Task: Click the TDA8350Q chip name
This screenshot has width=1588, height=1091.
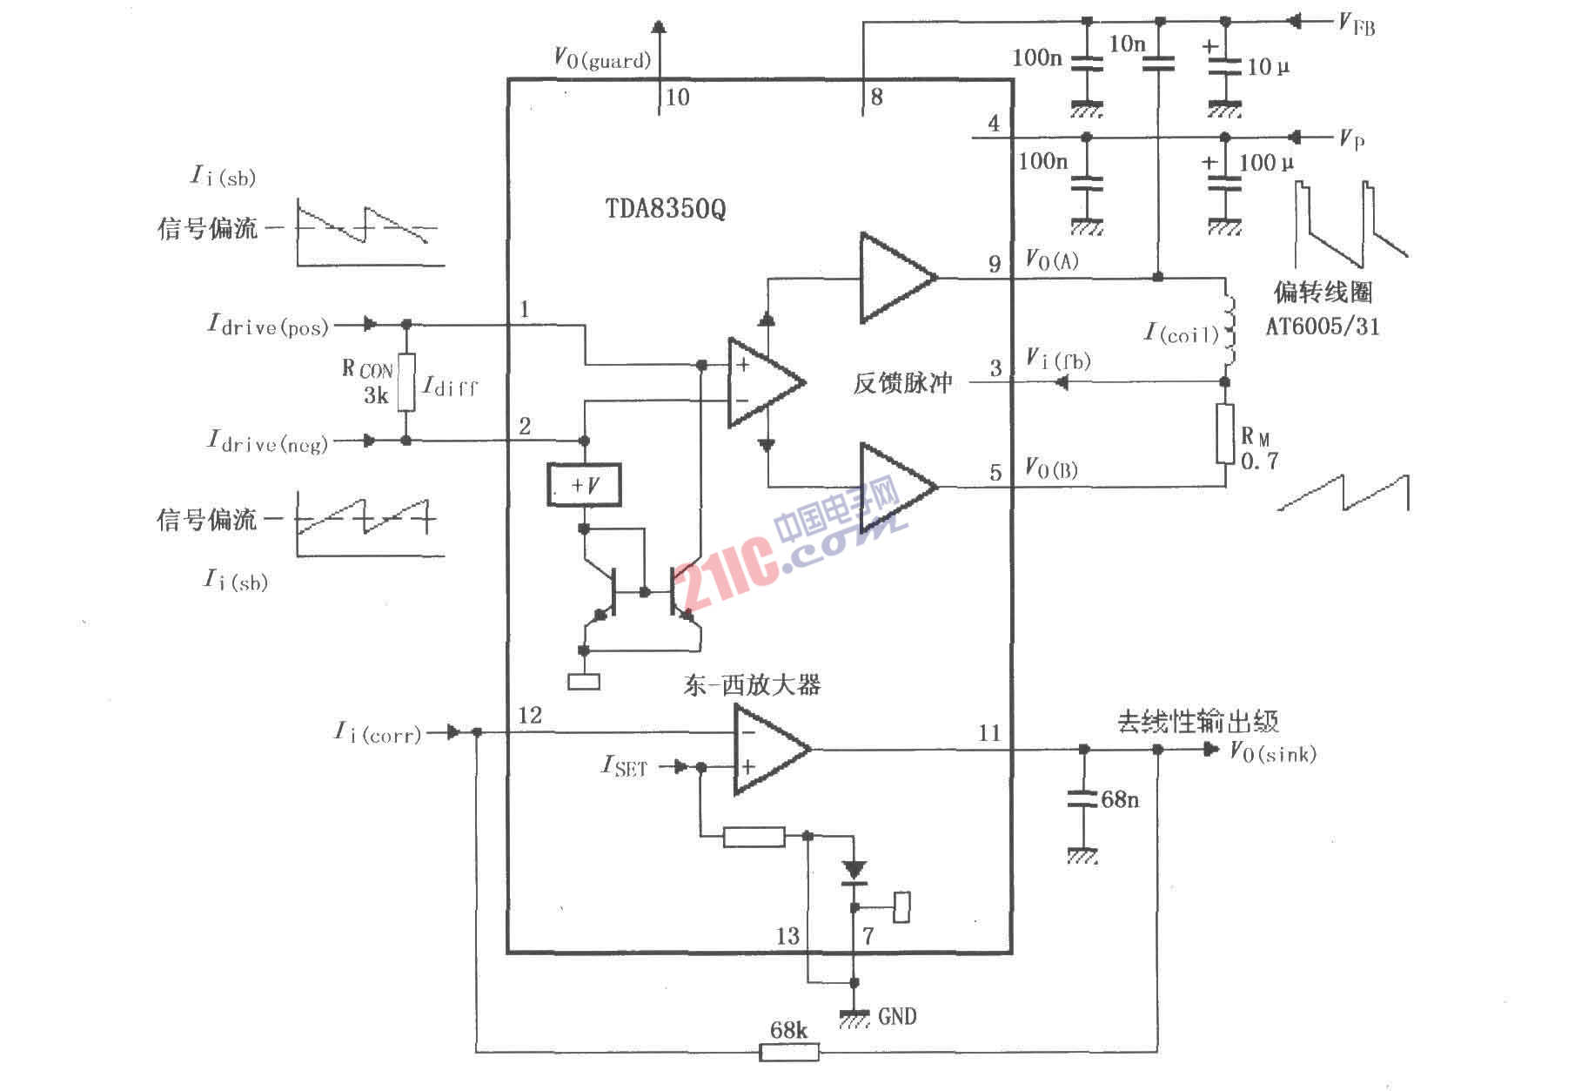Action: tap(666, 209)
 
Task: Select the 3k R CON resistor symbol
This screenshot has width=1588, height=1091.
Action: tap(406, 382)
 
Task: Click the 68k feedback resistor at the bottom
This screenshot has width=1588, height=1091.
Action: tap(789, 1052)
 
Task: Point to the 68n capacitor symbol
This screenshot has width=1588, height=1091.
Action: tap(1083, 798)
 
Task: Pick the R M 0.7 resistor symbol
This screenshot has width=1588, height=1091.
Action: tap(1225, 434)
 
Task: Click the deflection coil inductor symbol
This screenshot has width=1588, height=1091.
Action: tap(1230, 332)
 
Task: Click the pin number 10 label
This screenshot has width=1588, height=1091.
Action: tap(678, 98)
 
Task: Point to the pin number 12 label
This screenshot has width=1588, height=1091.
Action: tap(530, 716)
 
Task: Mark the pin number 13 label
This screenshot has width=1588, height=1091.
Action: tap(787, 936)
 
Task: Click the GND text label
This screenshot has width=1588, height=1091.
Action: tap(897, 1016)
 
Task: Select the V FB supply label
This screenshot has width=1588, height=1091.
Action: tap(1357, 24)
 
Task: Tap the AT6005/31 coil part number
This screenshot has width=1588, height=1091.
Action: tap(1323, 327)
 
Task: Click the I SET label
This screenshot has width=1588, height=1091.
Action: tap(625, 766)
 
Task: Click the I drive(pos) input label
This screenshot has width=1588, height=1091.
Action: tap(268, 325)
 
